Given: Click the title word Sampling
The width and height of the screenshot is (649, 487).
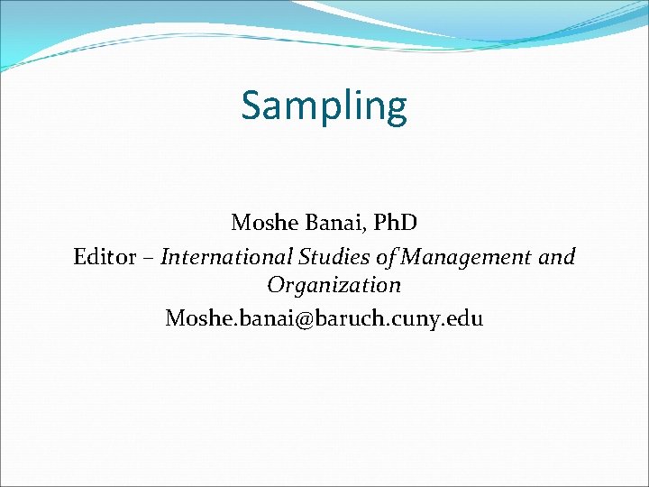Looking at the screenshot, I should coord(324,106).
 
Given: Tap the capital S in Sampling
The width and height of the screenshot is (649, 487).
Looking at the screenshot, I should coord(252,106).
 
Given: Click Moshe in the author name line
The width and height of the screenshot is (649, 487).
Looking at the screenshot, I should coord(261,222).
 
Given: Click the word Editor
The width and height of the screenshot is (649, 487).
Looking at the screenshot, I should coord(104,257).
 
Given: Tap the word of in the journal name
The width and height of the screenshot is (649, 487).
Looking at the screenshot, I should coord(386,257).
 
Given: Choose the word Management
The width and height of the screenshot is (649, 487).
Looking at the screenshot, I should coord(467,258).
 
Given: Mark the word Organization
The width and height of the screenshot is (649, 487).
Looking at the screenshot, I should coord(334,286).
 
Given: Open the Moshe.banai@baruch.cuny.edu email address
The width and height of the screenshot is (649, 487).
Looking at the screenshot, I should coord(324,317).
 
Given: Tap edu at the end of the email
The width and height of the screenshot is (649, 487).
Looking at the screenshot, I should coord(465,317).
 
